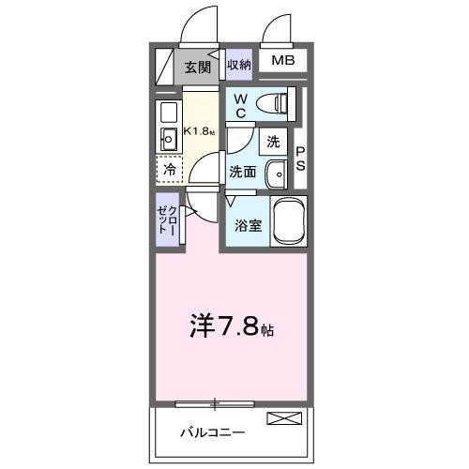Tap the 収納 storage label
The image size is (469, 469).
tap(238, 65)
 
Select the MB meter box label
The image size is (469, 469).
tap(282, 62)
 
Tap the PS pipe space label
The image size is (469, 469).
tap(300, 160)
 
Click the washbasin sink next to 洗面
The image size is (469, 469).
tap(276, 174)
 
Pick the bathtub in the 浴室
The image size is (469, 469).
tap(290, 222)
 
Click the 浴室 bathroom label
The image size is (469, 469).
tap(248, 225)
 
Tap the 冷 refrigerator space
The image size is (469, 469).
tap(170, 171)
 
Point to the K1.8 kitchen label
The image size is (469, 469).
tap(198, 130)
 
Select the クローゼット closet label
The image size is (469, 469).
tap(167, 221)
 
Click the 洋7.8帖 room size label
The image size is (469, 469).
tap(231, 330)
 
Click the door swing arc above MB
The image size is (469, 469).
tap(278, 28)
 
